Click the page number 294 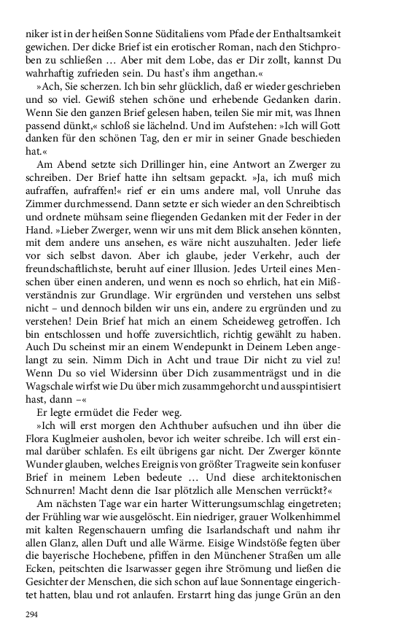31,615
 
